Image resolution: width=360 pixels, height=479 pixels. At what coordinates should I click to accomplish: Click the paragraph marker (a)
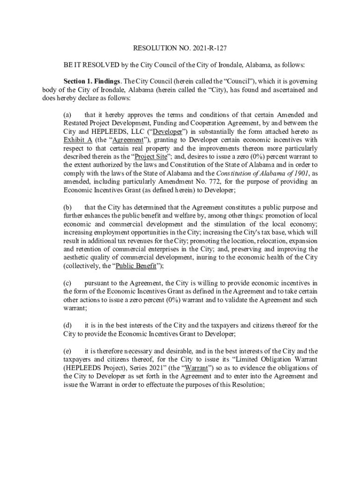[68, 115]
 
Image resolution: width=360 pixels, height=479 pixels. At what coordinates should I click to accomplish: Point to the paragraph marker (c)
[68, 283]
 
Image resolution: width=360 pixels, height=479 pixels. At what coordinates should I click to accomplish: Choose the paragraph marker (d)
[68, 325]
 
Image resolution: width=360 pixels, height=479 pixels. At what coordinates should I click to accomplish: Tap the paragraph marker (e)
[68, 351]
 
